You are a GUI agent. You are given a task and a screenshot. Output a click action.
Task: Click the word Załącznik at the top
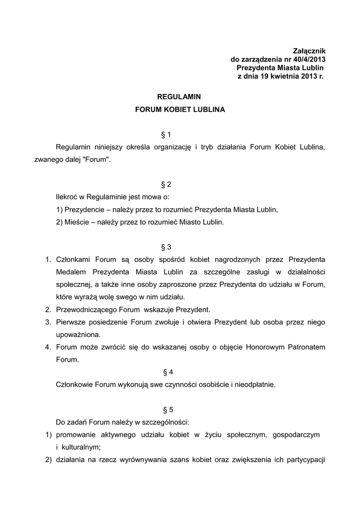pos(309,51)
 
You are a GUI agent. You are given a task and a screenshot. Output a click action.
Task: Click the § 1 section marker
pos(167,135)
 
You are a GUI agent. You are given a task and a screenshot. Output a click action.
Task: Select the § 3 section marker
pos(167,247)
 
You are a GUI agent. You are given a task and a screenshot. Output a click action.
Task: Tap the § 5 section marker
pos(168,410)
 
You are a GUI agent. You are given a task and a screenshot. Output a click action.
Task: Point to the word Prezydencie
pos(84,210)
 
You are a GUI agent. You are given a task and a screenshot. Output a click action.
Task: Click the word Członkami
pos(74,259)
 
